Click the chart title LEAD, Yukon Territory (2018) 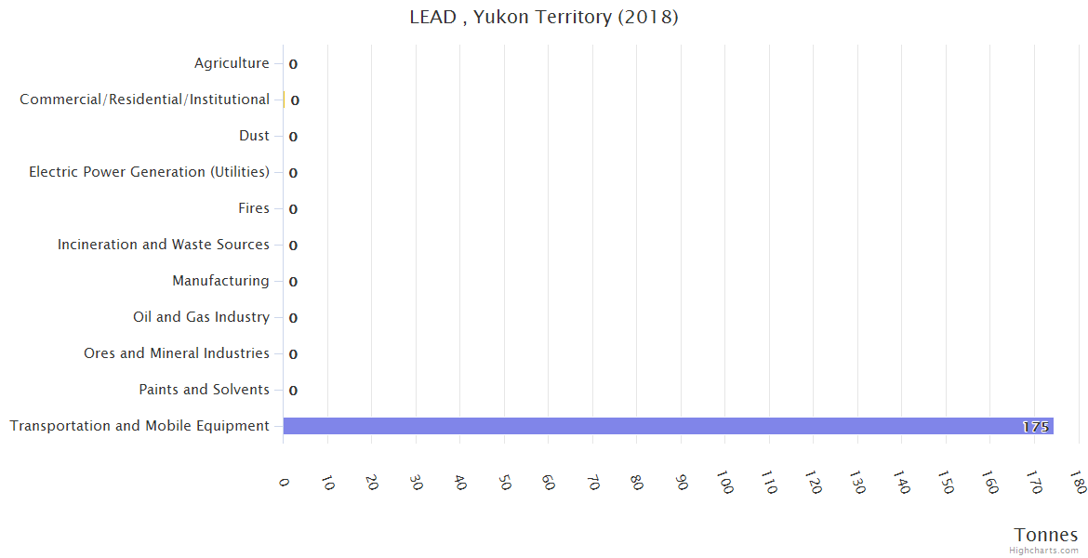click(x=544, y=18)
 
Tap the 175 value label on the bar click(x=1035, y=427)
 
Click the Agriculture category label click(x=232, y=63)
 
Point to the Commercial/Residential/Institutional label click(x=144, y=100)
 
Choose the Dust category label click(x=254, y=136)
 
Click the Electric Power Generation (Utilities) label click(x=149, y=172)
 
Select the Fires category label click(x=254, y=208)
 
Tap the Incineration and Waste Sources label click(x=163, y=245)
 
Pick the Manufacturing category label click(x=220, y=281)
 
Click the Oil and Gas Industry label click(x=201, y=317)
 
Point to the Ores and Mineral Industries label click(x=176, y=353)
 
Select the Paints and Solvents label click(x=204, y=390)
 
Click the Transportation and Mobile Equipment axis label click(x=139, y=426)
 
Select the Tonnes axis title click(x=1046, y=535)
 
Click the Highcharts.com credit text click(x=1044, y=551)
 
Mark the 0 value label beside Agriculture click(x=293, y=64)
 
